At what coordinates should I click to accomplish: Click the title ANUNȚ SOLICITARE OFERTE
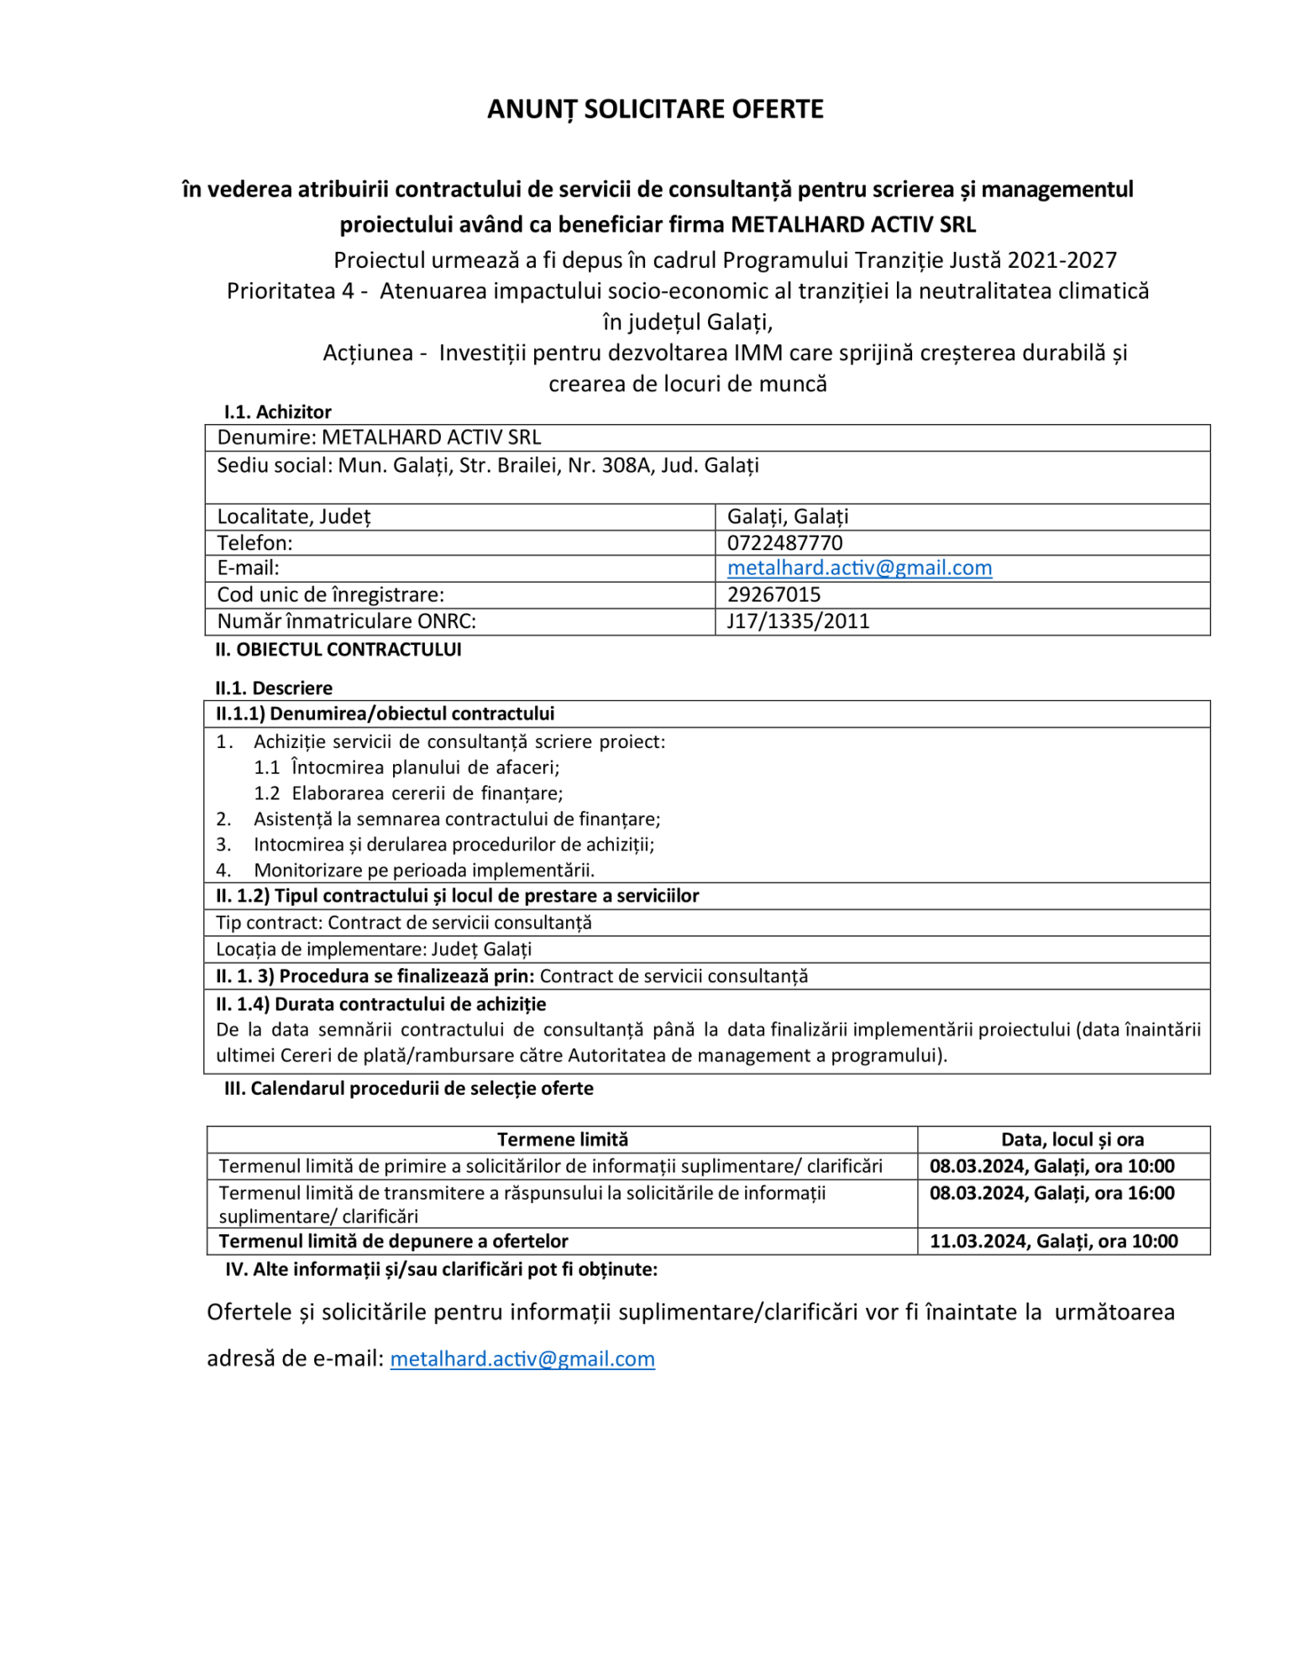click(x=655, y=109)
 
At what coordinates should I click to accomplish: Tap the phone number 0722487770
click(x=784, y=542)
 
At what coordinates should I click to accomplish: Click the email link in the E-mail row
click(x=859, y=568)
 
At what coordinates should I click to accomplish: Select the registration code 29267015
click(x=773, y=594)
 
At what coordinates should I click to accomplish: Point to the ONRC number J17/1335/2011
click(x=798, y=621)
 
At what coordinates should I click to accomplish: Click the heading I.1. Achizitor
click(x=277, y=412)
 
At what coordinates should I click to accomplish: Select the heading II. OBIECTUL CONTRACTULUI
click(x=338, y=650)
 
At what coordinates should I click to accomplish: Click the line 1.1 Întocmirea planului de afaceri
click(x=406, y=767)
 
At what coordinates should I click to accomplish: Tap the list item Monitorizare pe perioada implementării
click(x=424, y=871)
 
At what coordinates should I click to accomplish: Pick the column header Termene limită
click(x=562, y=1139)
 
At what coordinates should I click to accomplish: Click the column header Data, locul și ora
click(x=1072, y=1139)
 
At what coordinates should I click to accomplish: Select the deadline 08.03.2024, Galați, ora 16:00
click(x=1051, y=1193)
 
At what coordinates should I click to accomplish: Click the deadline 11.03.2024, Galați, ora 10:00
click(x=1053, y=1241)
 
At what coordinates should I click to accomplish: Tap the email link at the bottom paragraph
click(x=522, y=1359)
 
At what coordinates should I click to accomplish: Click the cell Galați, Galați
click(x=788, y=516)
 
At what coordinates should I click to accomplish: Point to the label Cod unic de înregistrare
click(x=330, y=594)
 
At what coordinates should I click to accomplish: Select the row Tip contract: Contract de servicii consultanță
click(x=403, y=923)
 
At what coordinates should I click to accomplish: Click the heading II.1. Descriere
click(x=274, y=688)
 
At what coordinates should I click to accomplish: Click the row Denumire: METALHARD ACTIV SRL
click(x=379, y=437)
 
